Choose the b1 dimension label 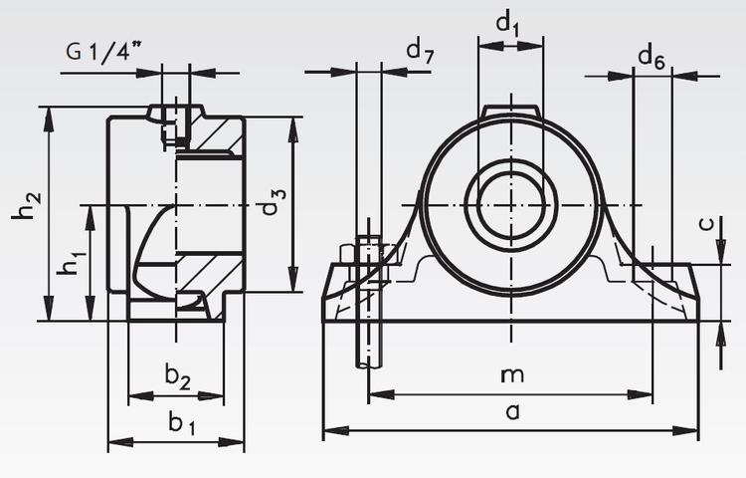click(x=180, y=424)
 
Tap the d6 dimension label click(x=651, y=59)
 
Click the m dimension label click(x=511, y=375)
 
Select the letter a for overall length click(x=512, y=411)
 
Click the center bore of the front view click(x=510, y=206)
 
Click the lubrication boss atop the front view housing click(x=511, y=112)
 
